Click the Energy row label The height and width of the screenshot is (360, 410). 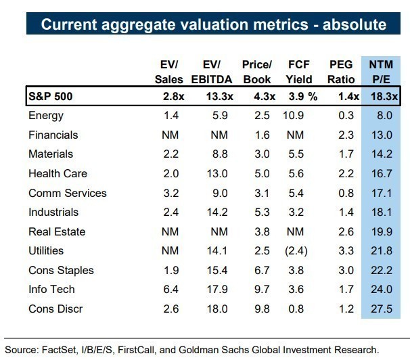46,116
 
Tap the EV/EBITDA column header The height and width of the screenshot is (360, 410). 212,72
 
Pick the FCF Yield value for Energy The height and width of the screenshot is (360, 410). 295,116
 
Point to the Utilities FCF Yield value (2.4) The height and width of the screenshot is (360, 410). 296,250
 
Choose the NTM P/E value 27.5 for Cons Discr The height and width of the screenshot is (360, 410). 384,309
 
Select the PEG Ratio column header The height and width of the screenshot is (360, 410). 340,72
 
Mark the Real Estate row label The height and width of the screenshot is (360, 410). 57,231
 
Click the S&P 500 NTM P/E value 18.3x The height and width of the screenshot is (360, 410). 382,97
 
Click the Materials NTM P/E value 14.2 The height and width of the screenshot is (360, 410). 384,154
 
